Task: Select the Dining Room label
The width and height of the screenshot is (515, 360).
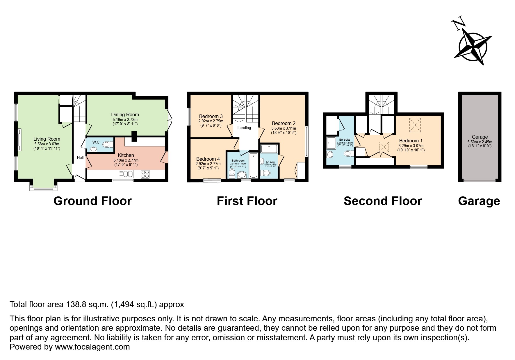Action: pyautogui.click(x=125, y=114)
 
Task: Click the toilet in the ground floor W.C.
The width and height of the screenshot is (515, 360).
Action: pyautogui.click(x=107, y=144)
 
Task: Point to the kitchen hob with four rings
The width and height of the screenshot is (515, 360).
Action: pyautogui.click(x=145, y=174)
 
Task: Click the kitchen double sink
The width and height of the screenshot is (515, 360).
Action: pyautogui.click(x=126, y=174)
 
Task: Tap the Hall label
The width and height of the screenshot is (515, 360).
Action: pyautogui.click(x=80, y=157)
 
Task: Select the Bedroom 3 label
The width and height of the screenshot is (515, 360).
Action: pyautogui.click(x=211, y=116)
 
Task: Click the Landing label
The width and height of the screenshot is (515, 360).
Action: pyautogui.click(x=244, y=128)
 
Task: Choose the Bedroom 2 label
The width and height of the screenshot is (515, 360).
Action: pyautogui.click(x=284, y=123)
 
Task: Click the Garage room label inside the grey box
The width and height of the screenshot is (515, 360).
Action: pyautogui.click(x=480, y=137)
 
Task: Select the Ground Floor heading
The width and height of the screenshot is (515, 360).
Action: pyautogui.click(x=92, y=201)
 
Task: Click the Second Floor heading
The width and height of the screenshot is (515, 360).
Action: pyautogui.click(x=383, y=201)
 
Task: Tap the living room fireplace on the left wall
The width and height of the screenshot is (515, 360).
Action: pyautogui.click(x=19, y=140)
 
